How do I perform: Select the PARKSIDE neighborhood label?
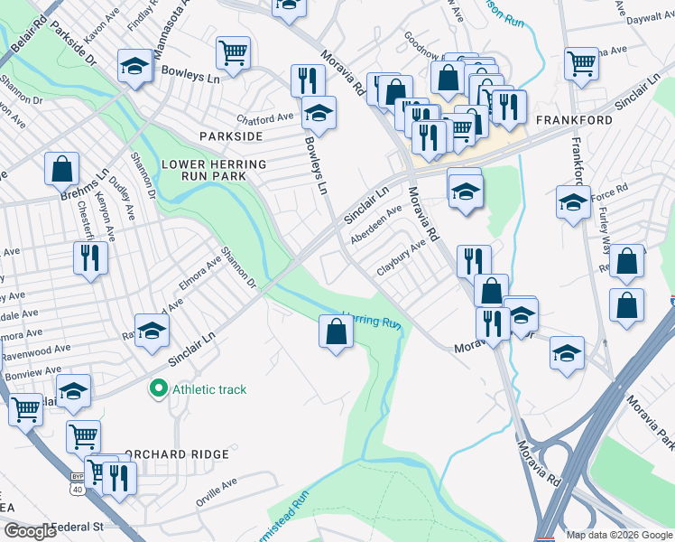(x=231, y=135)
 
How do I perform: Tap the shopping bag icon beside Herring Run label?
(x=336, y=332)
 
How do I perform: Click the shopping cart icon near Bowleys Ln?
(x=234, y=53)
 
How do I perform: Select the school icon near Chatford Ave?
(x=318, y=113)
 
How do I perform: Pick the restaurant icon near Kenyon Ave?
(x=90, y=259)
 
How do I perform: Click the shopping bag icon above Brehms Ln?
(x=61, y=168)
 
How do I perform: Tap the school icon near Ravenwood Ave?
(x=152, y=331)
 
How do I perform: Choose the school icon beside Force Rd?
(x=572, y=203)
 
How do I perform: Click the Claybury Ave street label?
(x=401, y=257)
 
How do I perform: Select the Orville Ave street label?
(x=217, y=491)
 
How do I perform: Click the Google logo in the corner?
(x=29, y=531)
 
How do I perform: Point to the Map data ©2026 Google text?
(x=618, y=535)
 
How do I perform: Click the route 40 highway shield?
(x=79, y=490)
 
